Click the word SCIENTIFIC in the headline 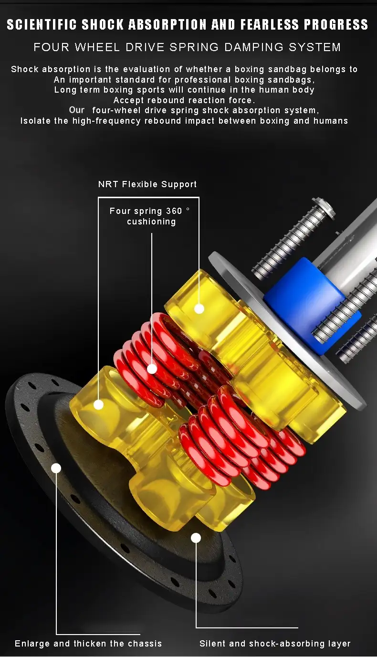click(42, 25)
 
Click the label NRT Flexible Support click(147, 184)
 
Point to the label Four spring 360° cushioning click(150, 216)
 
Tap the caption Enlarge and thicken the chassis click(88, 643)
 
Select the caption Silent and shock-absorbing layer click(275, 643)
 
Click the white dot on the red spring click(152, 369)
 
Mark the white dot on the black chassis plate click(56, 468)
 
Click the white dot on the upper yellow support click(199, 308)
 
